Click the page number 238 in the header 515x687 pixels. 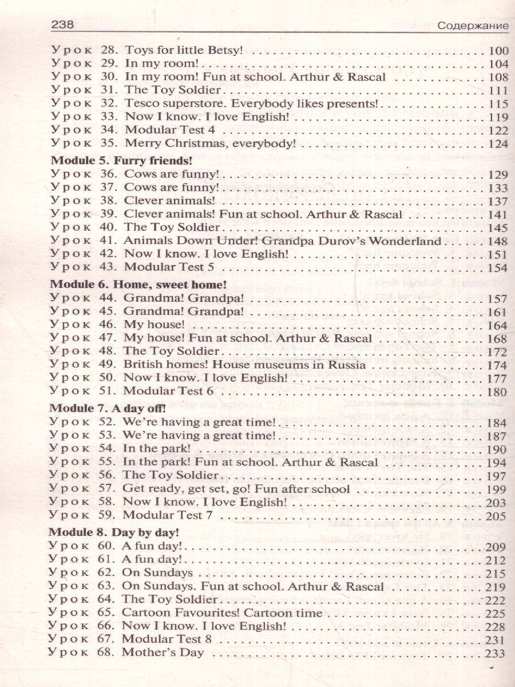coord(64,25)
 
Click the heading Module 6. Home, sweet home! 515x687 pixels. coord(123,284)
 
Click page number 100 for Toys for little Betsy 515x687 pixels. coord(495,50)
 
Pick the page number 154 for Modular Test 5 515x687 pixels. coord(495,268)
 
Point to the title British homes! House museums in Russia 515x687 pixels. coord(245,365)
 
